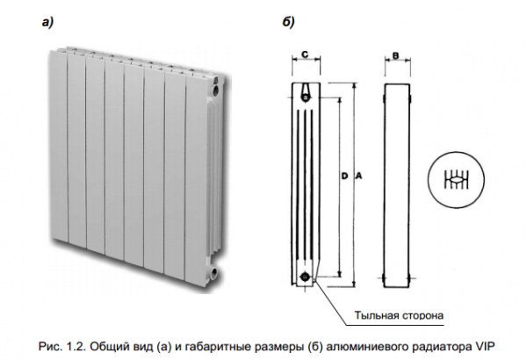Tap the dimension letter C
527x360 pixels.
(304, 55)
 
